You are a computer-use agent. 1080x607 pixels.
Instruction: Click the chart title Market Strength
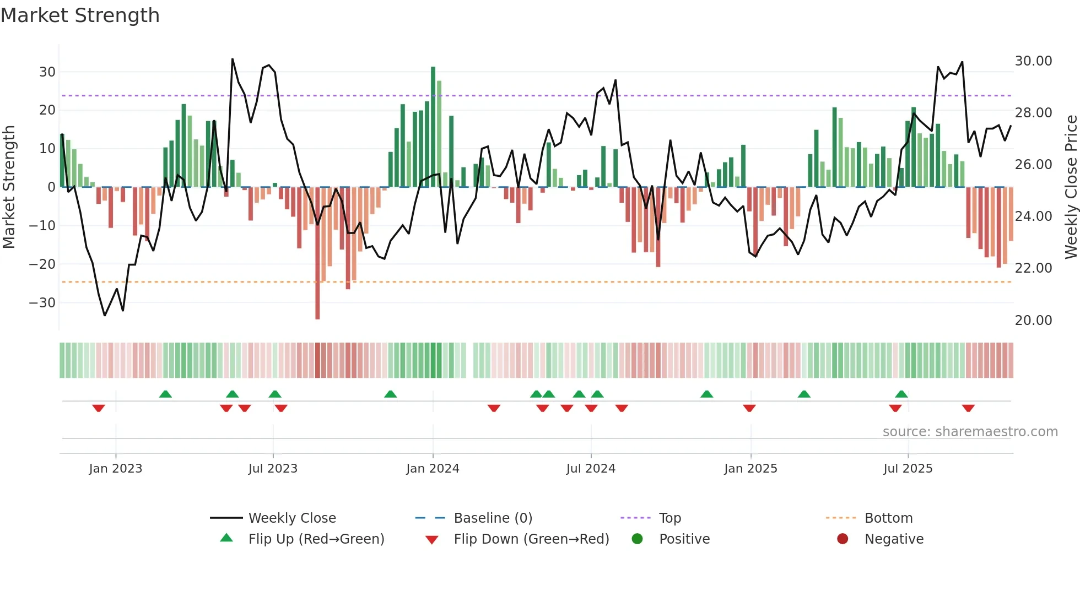click(80, 15)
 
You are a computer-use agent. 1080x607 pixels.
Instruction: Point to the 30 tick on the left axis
click(47, 72)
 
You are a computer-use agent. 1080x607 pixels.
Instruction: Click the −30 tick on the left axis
click(42, 303)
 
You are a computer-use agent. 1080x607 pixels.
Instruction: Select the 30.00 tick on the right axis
click(1033, 61)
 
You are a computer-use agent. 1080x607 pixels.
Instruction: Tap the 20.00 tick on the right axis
click(1033, 321)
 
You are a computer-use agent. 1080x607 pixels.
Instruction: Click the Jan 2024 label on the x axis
click(433, 469)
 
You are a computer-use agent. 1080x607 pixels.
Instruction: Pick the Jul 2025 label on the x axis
click(908, 469)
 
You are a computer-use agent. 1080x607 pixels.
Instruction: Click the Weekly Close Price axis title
click(1071, 187)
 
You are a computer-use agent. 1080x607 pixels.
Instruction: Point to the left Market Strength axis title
click(9, 187)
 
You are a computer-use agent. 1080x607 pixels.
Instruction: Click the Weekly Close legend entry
click(292, 518)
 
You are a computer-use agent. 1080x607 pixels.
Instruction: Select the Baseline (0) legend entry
click(493, 518)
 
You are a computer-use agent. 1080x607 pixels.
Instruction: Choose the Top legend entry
click(670, 518)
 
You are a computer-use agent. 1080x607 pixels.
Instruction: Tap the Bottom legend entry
click(888, 518)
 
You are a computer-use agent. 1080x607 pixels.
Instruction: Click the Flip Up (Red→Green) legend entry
click(316, 539)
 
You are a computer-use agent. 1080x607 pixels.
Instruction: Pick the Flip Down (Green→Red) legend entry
click(531, 539)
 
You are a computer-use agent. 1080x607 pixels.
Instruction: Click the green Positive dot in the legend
click(638, 539)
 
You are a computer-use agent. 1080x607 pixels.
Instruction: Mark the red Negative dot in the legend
click(843, 539)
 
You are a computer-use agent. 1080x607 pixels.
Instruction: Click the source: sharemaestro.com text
click(970, 432)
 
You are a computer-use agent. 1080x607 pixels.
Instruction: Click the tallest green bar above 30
click(433, 127)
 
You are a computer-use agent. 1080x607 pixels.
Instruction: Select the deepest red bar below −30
click(317, 253)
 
